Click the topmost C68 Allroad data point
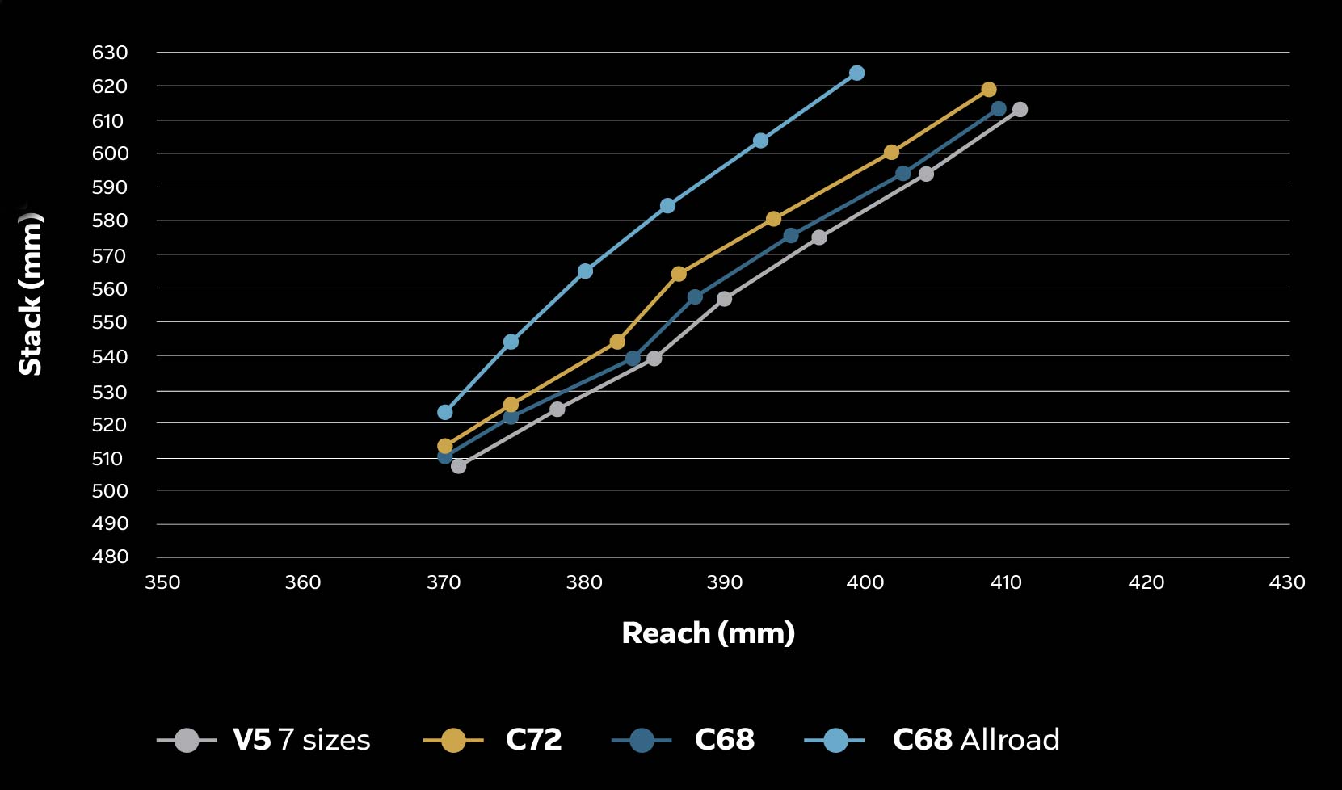pyautogui.click(x=856, y=74)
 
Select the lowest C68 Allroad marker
pyautogui.click(x=444, y=412)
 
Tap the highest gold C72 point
pyautogui.click(x=988, y=90)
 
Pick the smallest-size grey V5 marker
pyautogui.click(x=458, y=466)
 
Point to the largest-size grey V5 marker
pyautogui.click(x=1020, y=110)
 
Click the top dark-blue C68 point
pyautogui.click(x=999, y=109)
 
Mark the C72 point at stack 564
pyautogui.click(x=679, y=275)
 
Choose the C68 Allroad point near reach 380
pyautogui.click(x=585, y=271)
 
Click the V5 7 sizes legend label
pyautogui.click(x=301, y=740)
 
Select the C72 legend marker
pyautogui.click(x=453, y=740)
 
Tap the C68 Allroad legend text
pyautogui.click(x=975, y=740)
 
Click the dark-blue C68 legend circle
pyautogui.click(x=642, y=740)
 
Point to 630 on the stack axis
pyautogui.click(x=110, y=53)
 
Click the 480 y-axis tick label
pyautogui.click(x=110, y=557)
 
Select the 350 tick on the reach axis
pyautogui.click(x=162, y=582)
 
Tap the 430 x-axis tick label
pyautogui.click(x=1287, y=582)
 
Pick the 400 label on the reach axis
pyautogui.click(x=865, y=582)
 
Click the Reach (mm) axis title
pyautogui.click(x=708, y=633)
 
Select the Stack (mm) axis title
pyautogui.click(x=31, y=295)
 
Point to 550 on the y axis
pyautogui.click(x=110, y=322)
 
